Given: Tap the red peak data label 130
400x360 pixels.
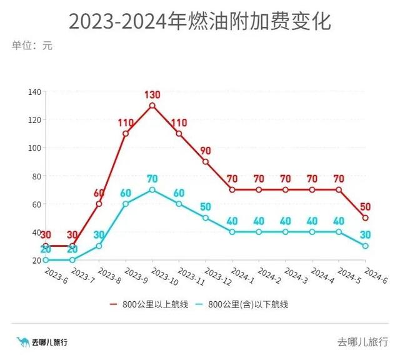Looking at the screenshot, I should point(152,95).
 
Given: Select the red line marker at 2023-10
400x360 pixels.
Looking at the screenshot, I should point(152,106).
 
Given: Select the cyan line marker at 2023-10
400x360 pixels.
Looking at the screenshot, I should point(152,189).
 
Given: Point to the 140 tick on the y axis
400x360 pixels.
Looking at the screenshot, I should point(34,92).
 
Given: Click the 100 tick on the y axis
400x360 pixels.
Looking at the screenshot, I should point(34,148).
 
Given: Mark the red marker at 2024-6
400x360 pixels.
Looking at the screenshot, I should point(366,217).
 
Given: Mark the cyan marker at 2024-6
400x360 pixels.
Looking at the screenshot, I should point(366,246).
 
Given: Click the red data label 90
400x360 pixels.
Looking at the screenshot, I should point(206,151).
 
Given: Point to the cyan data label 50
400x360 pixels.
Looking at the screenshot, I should point(206,207).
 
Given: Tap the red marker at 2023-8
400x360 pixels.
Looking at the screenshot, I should point(99,204).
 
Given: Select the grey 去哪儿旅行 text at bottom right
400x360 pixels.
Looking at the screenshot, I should point(362,341).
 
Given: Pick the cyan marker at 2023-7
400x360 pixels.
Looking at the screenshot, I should point(72,260).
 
